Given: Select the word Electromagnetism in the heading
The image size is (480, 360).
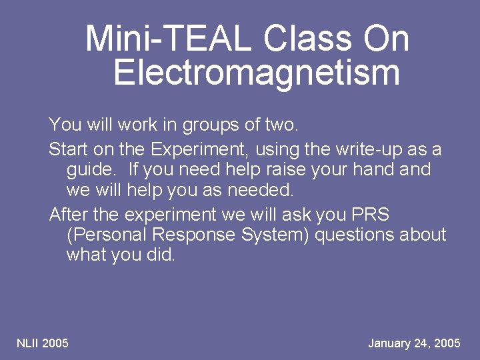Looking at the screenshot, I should coord(257,72).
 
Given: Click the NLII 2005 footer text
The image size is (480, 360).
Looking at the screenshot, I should coord(43,343).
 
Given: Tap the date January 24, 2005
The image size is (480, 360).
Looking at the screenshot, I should coord(414,343).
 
